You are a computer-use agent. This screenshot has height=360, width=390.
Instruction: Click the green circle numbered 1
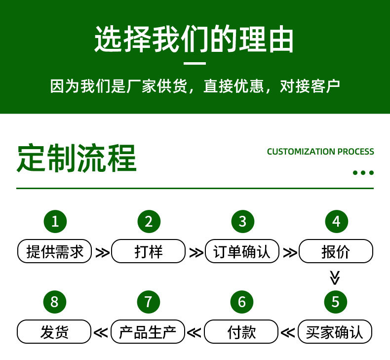click(x=55, y=222)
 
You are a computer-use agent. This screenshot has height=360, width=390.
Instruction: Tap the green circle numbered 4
click(x=336, y=222)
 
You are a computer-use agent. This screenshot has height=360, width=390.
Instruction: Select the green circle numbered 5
click(x=336, y=301)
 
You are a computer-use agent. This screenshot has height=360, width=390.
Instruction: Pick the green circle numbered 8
click(x=55, y=301)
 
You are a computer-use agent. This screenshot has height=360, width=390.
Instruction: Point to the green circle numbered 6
click(x=242, y=301)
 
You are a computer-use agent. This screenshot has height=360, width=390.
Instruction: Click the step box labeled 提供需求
click(x=55, y=251)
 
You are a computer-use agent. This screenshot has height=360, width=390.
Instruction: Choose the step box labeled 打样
click(x=149, y=251)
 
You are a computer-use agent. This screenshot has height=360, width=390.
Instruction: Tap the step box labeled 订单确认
click(x=242, y=251)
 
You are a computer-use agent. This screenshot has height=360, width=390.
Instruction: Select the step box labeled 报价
click(x=336, y=251)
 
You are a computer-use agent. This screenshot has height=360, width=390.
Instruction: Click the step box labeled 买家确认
click(x=335, y=331)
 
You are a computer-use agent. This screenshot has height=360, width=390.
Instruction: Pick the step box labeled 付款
click(x=242, y=331)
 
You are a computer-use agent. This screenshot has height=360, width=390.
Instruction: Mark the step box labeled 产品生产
click(x=148, y=331)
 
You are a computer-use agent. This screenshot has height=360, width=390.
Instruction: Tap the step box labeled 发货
click(x=55, y=331)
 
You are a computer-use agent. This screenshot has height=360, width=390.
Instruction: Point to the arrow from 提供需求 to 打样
click(x=102, y=252)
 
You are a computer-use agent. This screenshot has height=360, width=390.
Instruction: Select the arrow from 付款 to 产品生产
click(x=195, y=332)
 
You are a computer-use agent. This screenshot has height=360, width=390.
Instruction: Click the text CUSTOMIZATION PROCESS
click(x=320, y=152)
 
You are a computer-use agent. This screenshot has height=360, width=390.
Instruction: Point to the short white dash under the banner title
click(x=195, y=64)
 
